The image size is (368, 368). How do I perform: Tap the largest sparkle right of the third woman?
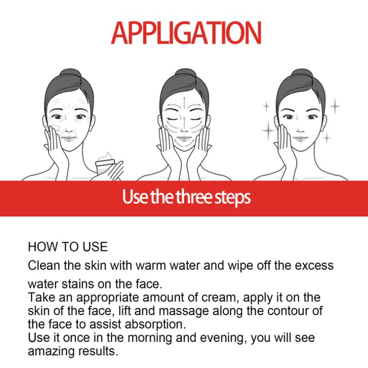(335, 107)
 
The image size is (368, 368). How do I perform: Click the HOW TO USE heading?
(68, 247)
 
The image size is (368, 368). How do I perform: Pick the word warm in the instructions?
(154, 266)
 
